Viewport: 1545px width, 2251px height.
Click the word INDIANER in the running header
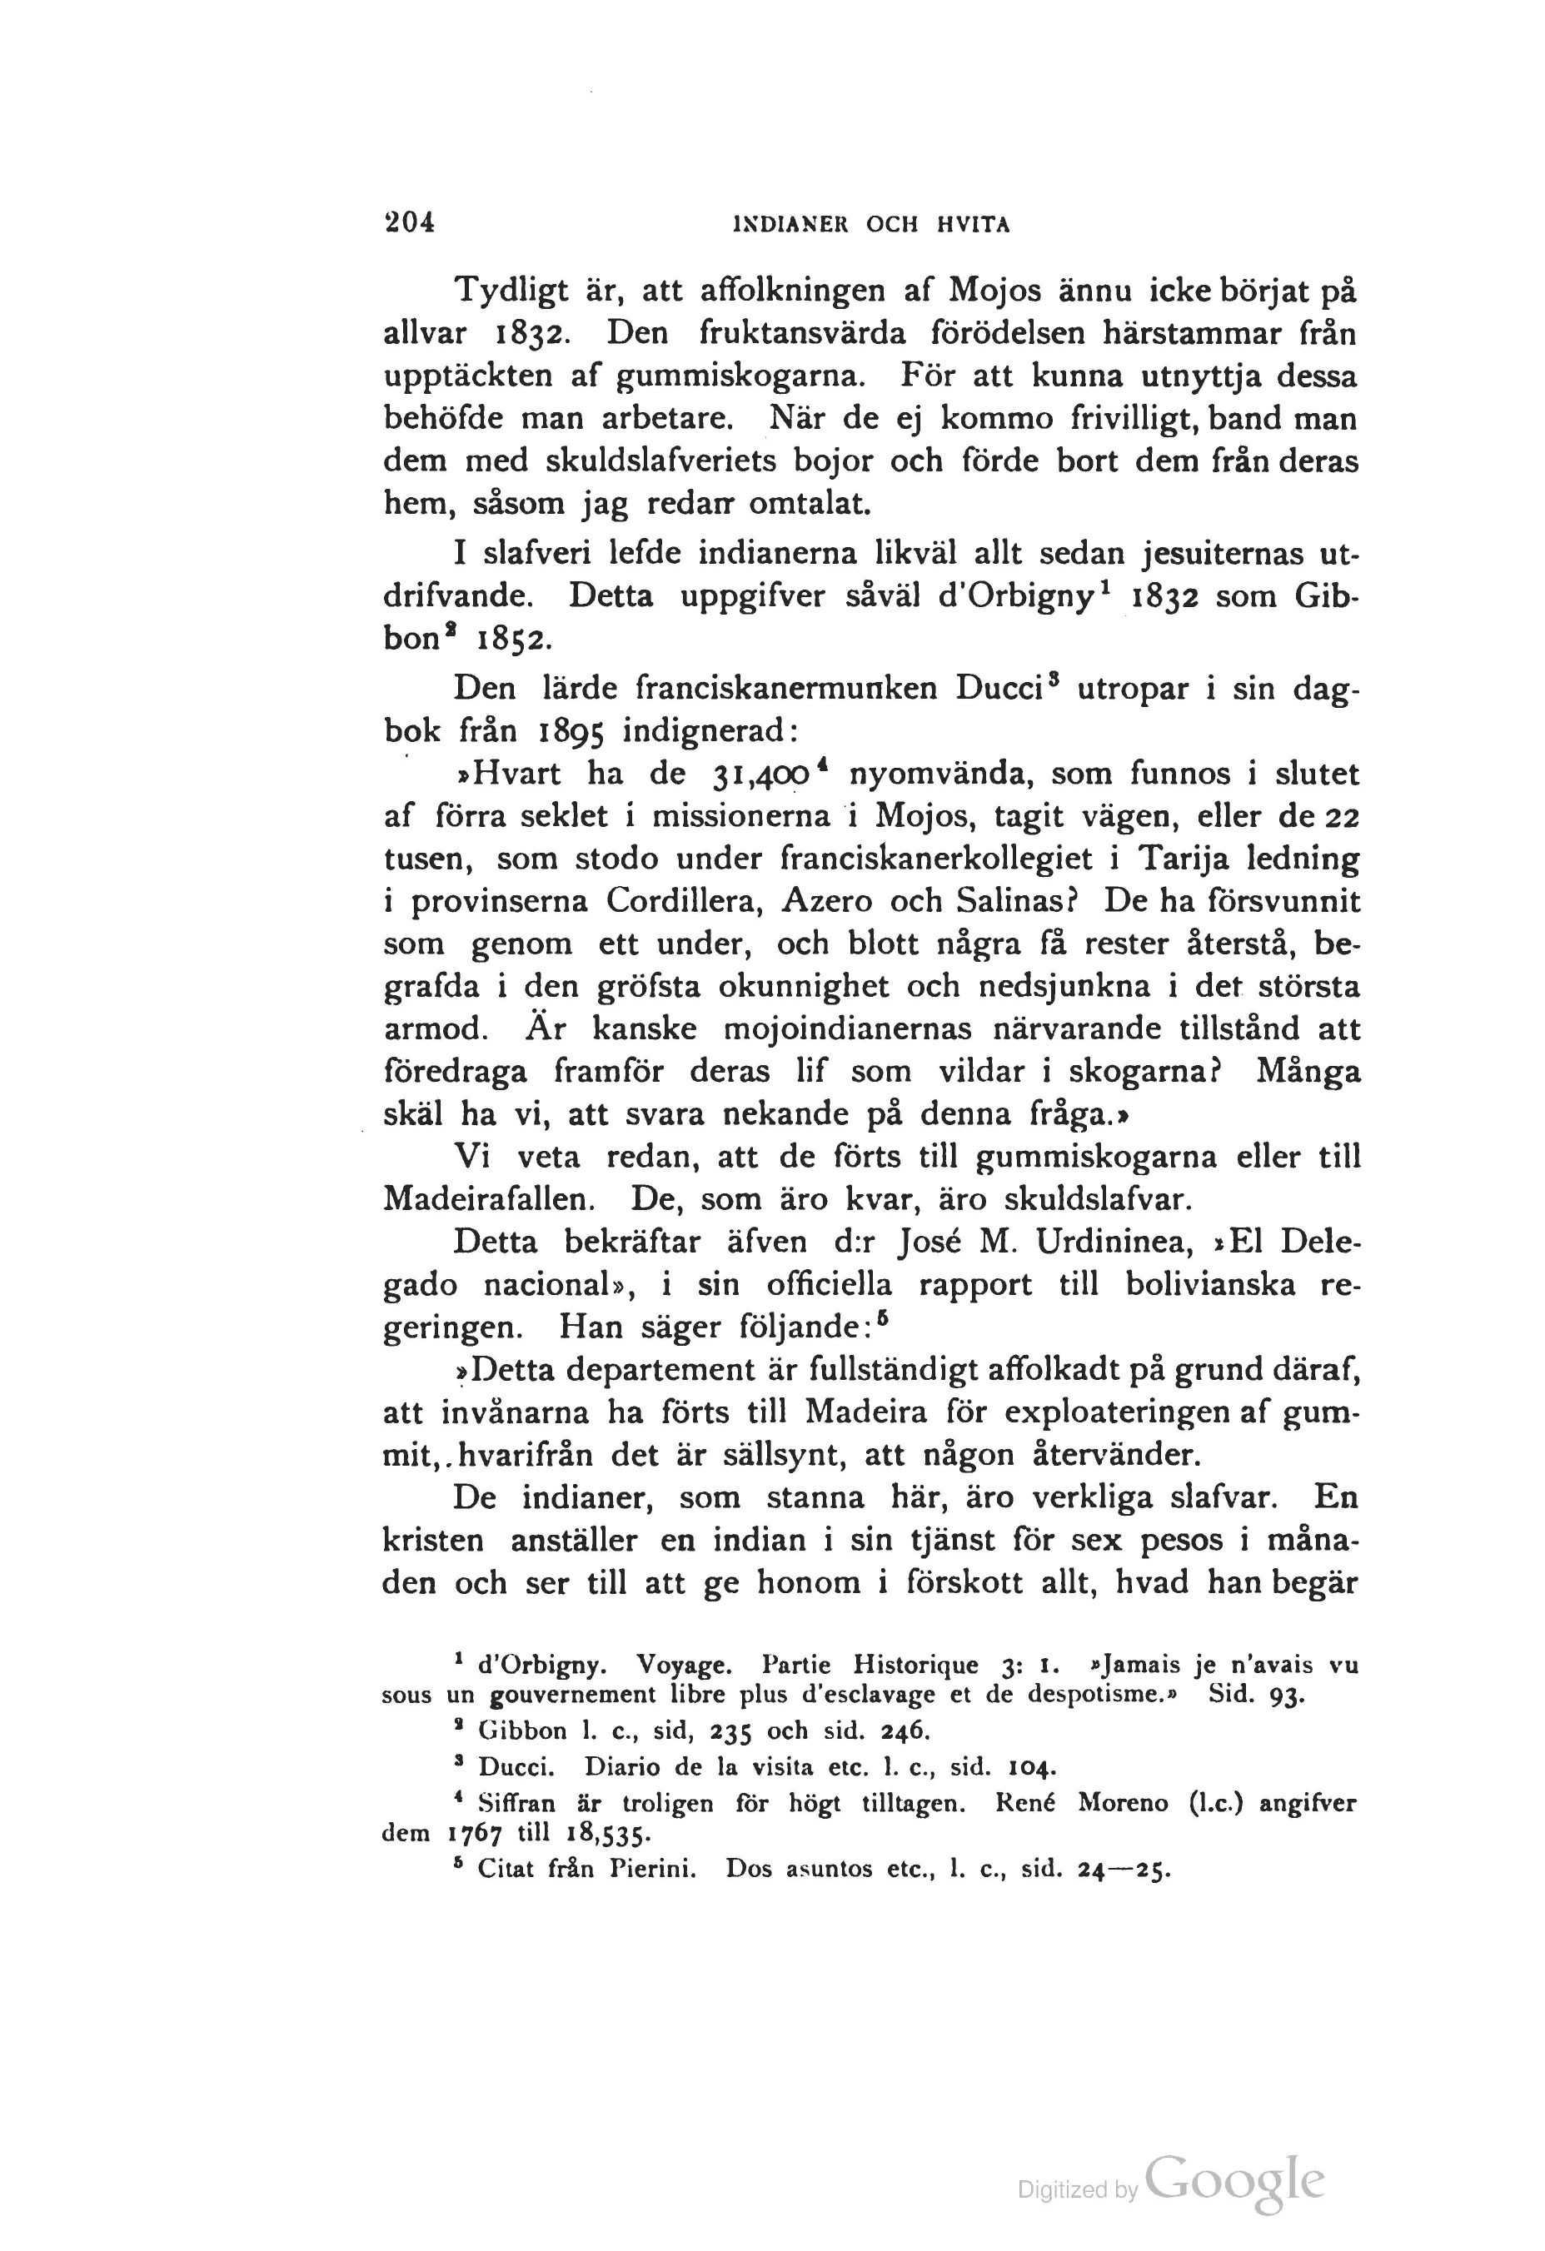click(792, 225)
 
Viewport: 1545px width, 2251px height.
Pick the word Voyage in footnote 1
click(684, 1666)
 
